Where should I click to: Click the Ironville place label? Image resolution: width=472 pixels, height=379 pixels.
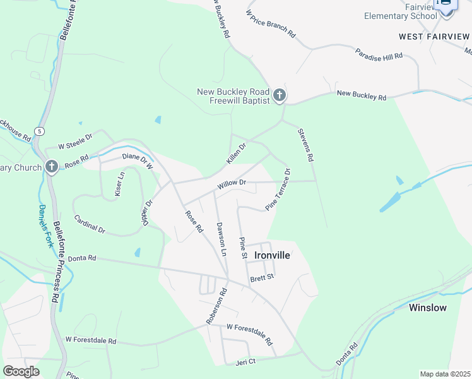click(x=272, y=256)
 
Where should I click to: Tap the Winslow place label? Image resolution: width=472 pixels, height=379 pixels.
click(x=427, y=308)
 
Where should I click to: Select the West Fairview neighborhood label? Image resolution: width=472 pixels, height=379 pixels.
click(x=435, y=36)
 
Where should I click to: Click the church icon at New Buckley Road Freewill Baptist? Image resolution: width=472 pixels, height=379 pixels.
click(x=280, y=97)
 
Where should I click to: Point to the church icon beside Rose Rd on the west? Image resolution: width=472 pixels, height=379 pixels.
click(x=52, y=167)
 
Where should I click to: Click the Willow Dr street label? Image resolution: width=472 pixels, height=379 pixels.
click(x=231, y=184)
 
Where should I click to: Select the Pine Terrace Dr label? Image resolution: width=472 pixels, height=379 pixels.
click(x=278, y=189)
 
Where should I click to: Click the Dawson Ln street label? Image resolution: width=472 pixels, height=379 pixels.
click(x=221, y=239)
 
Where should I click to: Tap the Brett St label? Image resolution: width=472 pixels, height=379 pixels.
click(x=262, y=277)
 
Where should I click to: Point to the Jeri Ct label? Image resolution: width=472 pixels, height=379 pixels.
click(x=245, y=361)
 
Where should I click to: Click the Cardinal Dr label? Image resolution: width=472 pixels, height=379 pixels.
click(x=90, y=224)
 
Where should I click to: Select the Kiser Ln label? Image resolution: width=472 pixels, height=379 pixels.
click(x=120, y=184)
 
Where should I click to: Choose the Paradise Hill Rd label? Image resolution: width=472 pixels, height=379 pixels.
click(x=379, y=54)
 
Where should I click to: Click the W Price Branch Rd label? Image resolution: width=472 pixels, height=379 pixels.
click(x=271, y=23)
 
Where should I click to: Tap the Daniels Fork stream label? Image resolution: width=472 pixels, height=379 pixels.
click(x=44, y=226)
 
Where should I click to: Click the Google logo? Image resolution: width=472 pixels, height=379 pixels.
click(x=21, y=371)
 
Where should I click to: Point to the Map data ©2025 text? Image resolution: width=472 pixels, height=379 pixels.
click(x=445, y=374)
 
